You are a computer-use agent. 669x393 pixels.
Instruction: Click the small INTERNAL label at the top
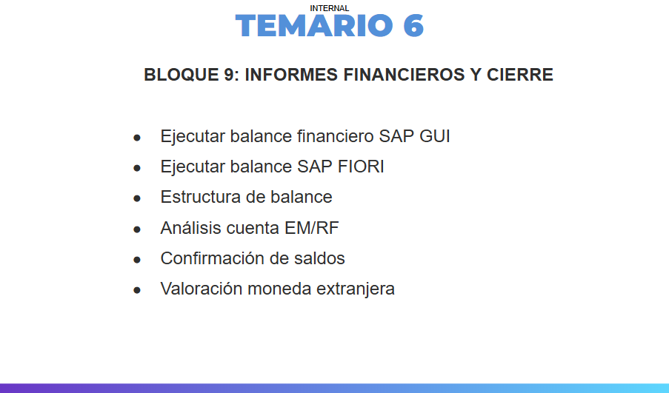tap(330, 8)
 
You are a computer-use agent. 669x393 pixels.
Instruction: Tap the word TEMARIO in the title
tap(314, 26)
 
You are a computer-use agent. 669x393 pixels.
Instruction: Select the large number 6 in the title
tap(413, 26)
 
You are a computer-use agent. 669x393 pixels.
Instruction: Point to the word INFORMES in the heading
tap(291, 75)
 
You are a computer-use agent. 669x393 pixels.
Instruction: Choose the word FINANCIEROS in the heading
tap(404, 75)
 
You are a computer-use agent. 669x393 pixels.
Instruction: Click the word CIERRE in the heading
tap(519, 75)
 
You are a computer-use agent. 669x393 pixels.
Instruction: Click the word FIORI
tap(361, 167)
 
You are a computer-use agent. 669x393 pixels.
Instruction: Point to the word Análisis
tap(190, 227)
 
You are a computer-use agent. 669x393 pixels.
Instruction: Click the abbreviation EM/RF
tap(311, 228)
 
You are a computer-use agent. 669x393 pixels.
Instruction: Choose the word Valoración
tap(202, 289)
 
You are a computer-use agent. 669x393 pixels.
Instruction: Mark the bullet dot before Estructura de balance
tap(137, 198)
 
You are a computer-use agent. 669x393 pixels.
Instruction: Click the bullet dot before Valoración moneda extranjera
tap(137, 290)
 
